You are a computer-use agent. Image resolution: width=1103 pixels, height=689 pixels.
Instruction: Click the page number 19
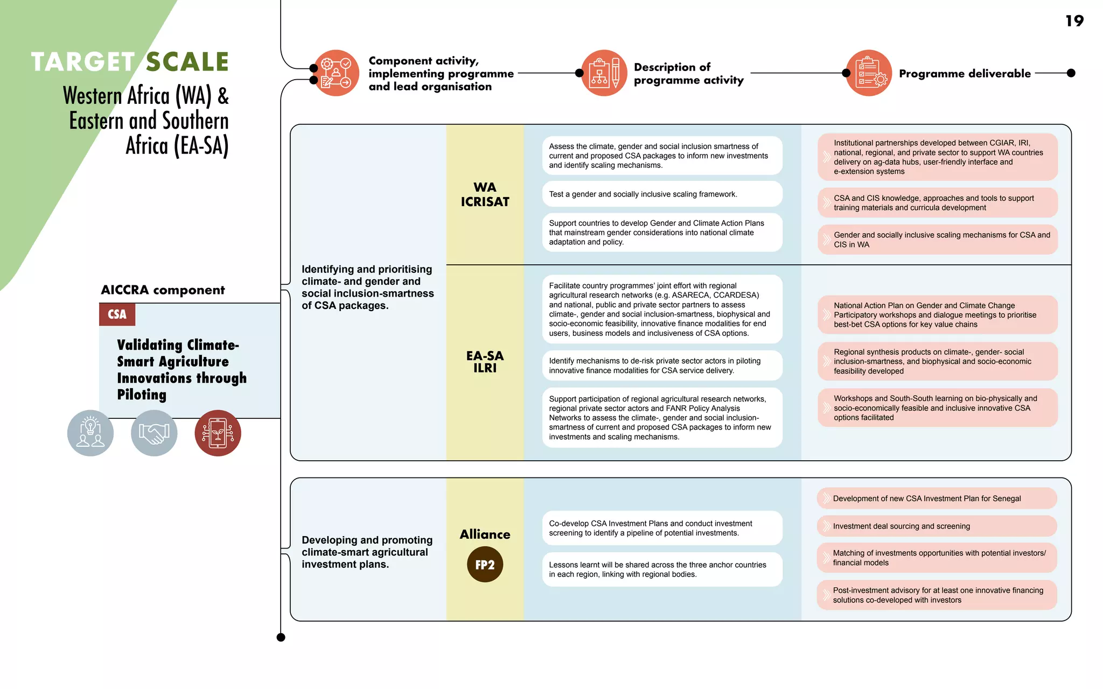(1074, 21)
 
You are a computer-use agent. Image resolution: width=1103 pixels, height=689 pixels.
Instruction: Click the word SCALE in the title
(187, 62)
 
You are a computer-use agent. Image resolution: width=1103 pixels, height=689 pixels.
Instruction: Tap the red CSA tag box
(117, 314)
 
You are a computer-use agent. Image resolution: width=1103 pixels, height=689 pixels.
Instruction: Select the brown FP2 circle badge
(485, 564)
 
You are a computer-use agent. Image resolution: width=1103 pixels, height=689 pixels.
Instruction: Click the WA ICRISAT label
(485, 194)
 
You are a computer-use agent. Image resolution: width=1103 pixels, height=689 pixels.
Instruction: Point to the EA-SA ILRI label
(485, 362)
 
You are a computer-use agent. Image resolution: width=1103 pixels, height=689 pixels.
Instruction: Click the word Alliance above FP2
(485, 534)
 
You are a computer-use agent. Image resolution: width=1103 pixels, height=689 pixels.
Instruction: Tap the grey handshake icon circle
(154, 433)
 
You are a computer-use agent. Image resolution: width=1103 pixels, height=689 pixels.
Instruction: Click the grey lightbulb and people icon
(90, 433)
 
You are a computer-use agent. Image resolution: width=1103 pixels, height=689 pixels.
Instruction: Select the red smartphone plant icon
(218, 433)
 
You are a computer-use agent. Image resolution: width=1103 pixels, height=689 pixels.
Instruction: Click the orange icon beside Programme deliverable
(869, 73)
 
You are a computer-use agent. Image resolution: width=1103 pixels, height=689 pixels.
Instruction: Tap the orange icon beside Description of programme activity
(604, 73)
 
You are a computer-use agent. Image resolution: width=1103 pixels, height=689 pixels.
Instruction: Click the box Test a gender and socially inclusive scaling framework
(662, 194)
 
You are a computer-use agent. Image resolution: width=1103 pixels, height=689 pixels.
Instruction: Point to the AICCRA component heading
(163, 290)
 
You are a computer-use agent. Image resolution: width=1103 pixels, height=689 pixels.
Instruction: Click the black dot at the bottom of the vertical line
(281, 637)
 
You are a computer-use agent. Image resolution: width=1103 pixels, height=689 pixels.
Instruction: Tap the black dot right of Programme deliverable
(1071, 73)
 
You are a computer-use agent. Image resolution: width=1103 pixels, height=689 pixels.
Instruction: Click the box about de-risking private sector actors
(662, 365)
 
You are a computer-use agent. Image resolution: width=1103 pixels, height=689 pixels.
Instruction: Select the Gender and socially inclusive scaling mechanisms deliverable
(937, 240)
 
